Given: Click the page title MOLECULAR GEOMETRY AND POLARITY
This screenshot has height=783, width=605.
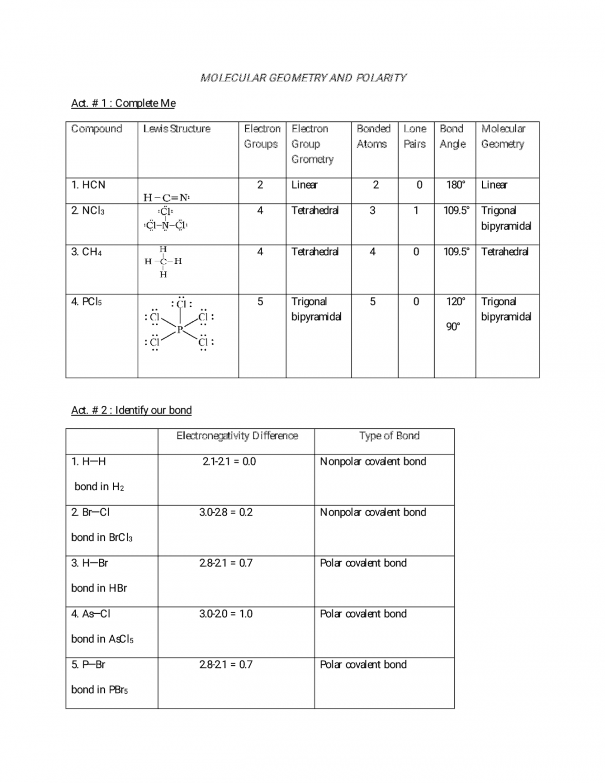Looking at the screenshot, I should pyautogui.click(x=303, y=78).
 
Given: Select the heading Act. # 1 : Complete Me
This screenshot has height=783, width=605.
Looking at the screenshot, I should pyautogui.click(x=123, y=103).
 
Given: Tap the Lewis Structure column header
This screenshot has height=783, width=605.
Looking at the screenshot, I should pyautogui.click(x=176, y=129).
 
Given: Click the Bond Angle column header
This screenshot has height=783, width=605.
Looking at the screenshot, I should pyautogui.click(x=452, y=136).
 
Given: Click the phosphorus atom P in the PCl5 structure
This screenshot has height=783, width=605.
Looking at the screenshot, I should pyautogui.click(x=180, y=329).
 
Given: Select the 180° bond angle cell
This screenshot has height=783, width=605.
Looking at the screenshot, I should pyautogui.click(x=455, y=185).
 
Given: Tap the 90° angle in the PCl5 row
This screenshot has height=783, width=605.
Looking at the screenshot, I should pyautogui.click(x=453, y=327).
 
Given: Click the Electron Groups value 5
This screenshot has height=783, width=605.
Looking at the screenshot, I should pyautogui.click(x=260, y=302).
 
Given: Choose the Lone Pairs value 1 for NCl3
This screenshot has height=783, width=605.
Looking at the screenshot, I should pyautogui.click(x=416, y=211).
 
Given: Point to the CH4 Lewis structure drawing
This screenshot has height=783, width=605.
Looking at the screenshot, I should pyautogui.click(x=163, y=262).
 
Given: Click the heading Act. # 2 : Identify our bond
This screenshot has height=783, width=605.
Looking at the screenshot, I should pyautogui.click(x=131, y=410).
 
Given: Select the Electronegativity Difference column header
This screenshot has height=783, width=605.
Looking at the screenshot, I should pyautogui.click(x=237, y=436).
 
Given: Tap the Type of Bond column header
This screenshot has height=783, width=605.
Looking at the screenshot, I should pyautogui.click(x=389, y=436).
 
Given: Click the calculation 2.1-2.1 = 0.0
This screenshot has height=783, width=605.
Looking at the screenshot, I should pyautogui.click(x=229, y=461).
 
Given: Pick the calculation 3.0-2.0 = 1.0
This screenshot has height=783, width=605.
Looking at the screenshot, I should pyautogui.click(x=226, y=614).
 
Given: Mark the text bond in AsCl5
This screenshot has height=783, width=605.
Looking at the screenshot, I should pyautogui.click(x=102, y=639).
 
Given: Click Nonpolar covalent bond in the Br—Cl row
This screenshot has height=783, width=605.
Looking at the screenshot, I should pyautogui.click(x=373, y=512).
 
